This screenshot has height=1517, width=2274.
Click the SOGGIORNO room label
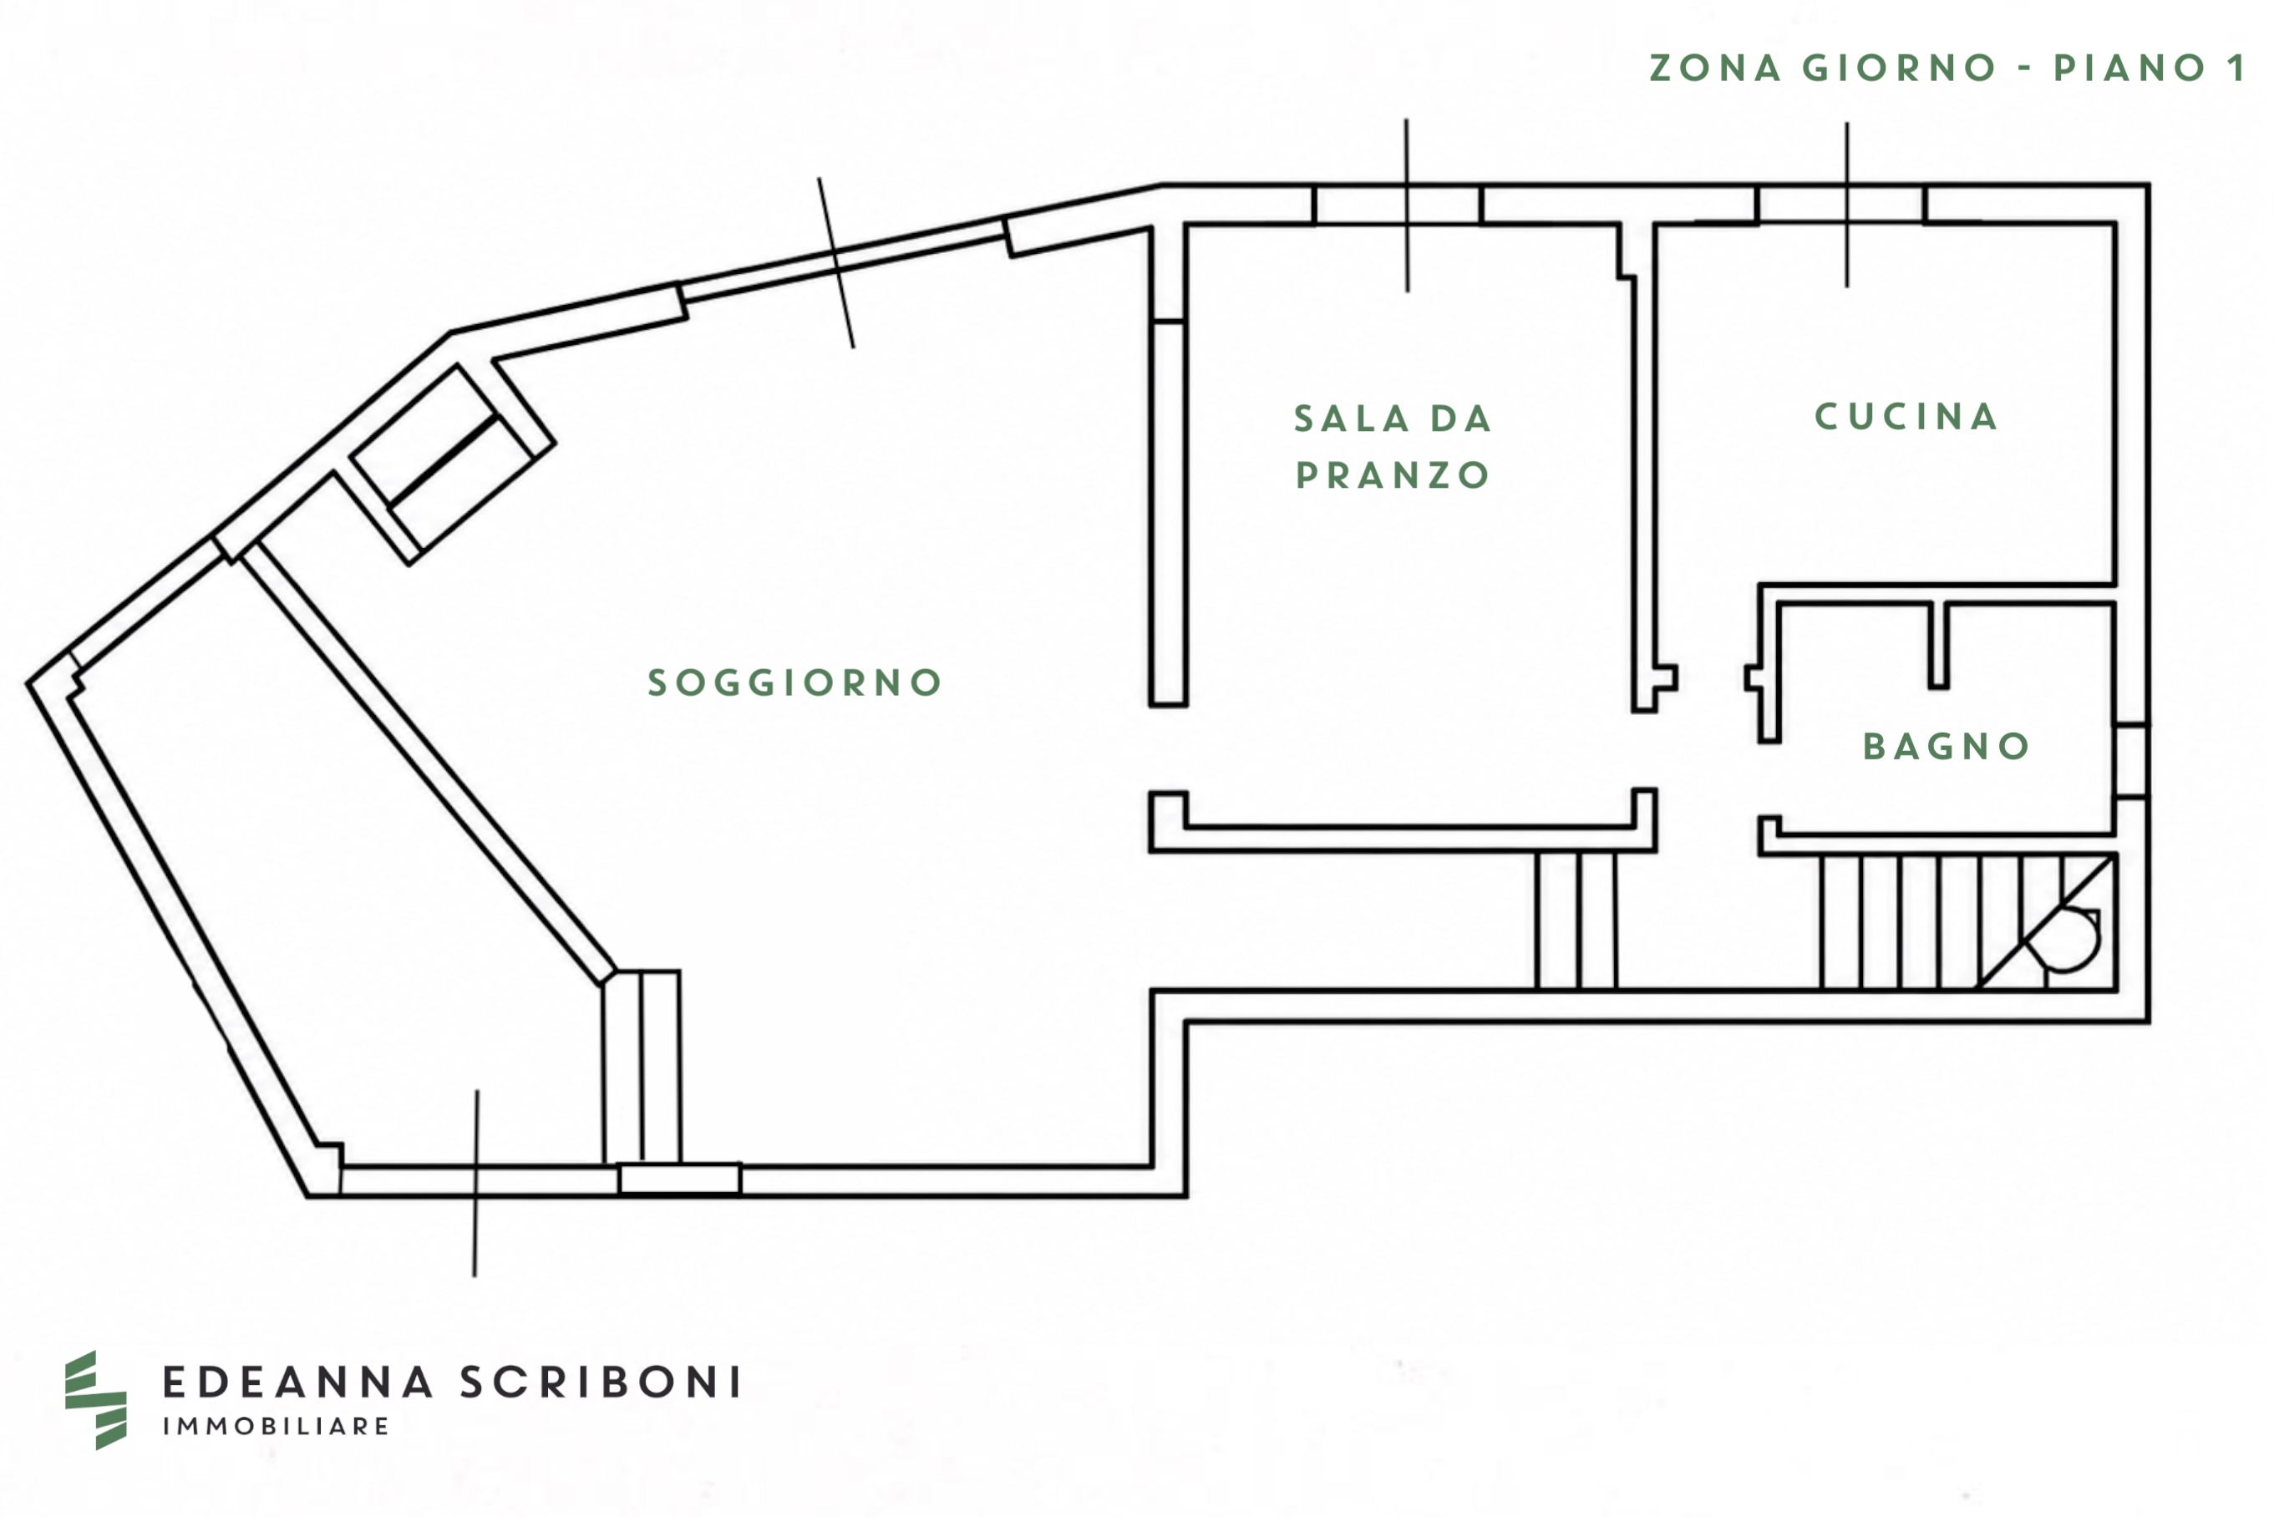[794, 683]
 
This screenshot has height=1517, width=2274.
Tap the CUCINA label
[1906, 417]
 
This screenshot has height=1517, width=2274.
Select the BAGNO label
[1947, 746]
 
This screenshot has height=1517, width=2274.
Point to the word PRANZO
[1392, 475]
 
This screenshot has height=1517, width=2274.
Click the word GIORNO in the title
[1900, 68]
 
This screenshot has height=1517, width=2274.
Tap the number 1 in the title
[2236, 68]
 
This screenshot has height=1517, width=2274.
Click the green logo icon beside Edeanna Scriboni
[96, 1400]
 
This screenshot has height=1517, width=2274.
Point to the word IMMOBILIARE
[276, 1426]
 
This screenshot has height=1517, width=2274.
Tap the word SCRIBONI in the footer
[601, 1383]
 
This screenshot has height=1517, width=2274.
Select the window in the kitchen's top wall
[1840, 204]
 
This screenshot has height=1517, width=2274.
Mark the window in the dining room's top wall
[1398, 204]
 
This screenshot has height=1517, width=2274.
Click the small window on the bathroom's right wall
[2131, 760]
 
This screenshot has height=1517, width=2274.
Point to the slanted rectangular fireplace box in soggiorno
[453, 464]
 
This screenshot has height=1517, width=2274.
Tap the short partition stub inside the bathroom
[1938, 645]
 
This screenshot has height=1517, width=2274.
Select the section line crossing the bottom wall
[476, 1183]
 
